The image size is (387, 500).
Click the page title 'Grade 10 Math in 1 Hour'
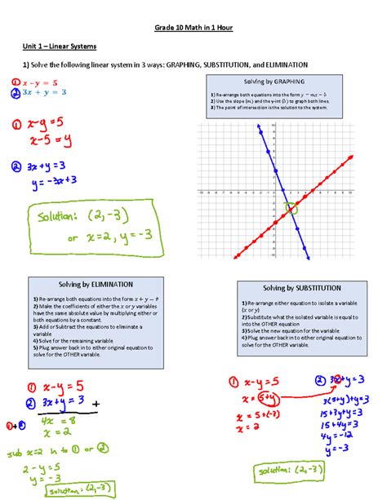pos(193,28)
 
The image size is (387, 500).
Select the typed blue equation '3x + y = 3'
pos(44,92)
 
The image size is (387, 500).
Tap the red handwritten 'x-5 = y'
pos(47,139)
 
